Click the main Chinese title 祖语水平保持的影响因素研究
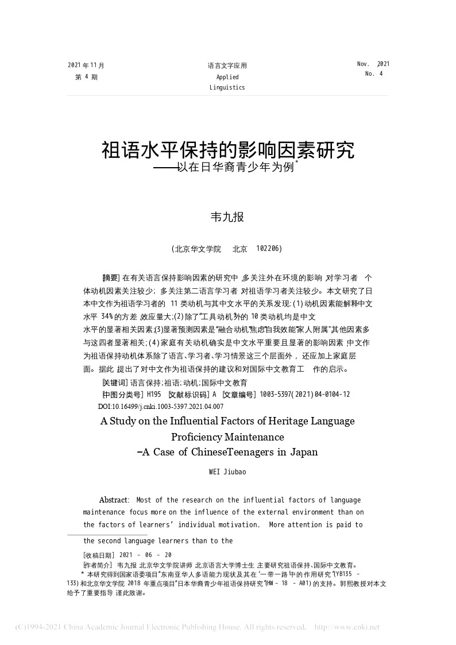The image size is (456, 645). (x=228, y=150)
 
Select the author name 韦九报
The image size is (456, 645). (x=228, y=217)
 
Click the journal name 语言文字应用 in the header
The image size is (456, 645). (x=227, y=66)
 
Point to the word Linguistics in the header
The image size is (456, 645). (x=227, y=87)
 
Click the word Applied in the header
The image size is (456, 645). (x=227, y=77)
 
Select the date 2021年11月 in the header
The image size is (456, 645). (x=86, y=65)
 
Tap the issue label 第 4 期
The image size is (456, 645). (x=86, y=76)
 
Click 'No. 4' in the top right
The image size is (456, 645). (x=373, y=74)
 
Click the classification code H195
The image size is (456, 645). (x=153, y=395)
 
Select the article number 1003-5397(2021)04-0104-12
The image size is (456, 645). (x=305, y=395)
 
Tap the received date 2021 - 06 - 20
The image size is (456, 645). (x=144, y=555)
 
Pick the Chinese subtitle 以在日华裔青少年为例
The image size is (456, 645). (x=236, y=168)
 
